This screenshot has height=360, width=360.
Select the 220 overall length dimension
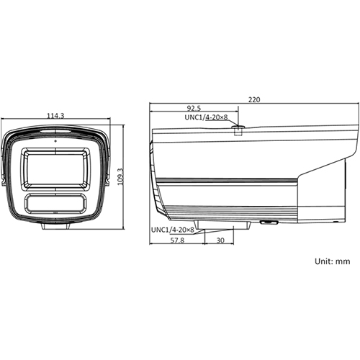pyautogui.click(x=255, y=100)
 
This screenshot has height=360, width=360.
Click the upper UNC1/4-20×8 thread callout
pyautogui.click(x=206, y=117)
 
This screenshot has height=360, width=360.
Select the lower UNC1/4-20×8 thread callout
pyautogui.click(x=173, y=230)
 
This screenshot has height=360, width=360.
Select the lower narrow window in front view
pyautogui.click(x=55, y=202)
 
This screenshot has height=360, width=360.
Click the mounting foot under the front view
pyautogui.click(x=55, y=226)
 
